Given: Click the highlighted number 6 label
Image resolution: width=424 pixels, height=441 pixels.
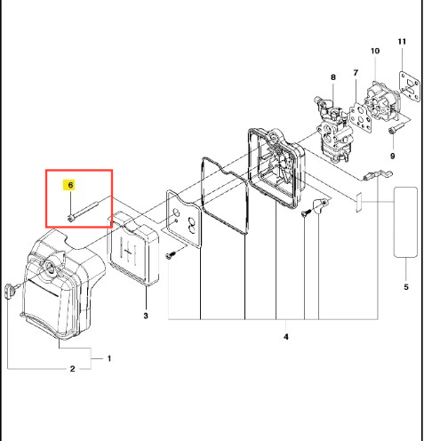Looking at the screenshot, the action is tap(70, 185).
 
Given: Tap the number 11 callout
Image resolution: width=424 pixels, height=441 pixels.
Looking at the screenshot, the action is tap(402, 42).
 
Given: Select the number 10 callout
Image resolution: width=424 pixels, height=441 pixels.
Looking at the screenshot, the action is tap(375, 51).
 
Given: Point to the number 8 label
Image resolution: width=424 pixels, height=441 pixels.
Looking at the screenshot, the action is tap(333, 77).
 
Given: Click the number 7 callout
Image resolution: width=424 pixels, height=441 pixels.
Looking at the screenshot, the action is tap(356, 73).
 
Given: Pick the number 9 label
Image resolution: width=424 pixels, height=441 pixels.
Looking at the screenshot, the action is tap(393, 156).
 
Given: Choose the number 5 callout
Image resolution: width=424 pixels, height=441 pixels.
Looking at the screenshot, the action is tap(406, 287).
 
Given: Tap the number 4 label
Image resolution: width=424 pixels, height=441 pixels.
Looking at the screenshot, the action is tap(285, 337).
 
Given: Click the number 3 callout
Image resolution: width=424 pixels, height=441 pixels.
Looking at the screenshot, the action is tap(146, 316).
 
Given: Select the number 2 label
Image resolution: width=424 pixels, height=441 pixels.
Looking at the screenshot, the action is tap(73, 369).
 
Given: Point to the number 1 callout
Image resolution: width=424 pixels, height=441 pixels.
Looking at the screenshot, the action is tap(109, 358).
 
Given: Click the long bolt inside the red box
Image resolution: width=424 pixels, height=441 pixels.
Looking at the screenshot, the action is tap(83, 211).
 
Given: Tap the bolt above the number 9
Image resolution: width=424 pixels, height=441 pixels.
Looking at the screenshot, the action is tap(396, 128).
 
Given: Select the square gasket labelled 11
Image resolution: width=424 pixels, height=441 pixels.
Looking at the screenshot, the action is tap(409, 86).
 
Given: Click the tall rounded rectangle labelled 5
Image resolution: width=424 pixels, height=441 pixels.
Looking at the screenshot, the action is tap(405, 222).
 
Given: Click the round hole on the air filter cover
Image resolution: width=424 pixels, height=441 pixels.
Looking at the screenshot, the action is tap(50, 268).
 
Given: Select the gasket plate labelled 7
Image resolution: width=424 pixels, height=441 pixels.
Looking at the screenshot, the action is tap(361, 117).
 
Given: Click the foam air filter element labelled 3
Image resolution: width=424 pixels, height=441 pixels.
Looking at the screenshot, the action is tap(133, 249).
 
